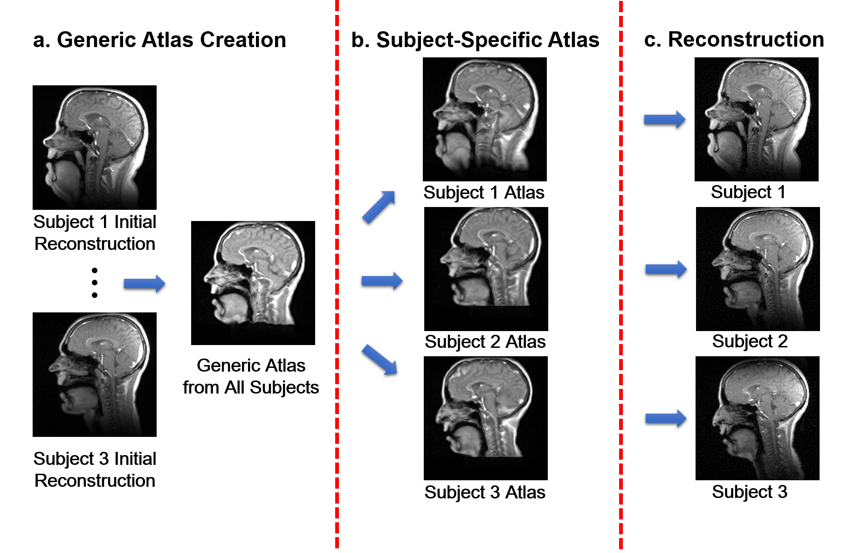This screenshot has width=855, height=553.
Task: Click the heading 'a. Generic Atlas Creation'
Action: pyautogui.click(x=159, y=40)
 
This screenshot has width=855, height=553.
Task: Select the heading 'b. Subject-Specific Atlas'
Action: pyautogui.click(x=475, y=40)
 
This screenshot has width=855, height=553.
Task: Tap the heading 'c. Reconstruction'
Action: pyautogui.click(x=734, y=40)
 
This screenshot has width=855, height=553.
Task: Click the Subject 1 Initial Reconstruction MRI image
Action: pyautogui.click(x=95, y=147)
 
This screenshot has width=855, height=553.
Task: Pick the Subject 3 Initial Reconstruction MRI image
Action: pyautogui.click(x=95, y=374)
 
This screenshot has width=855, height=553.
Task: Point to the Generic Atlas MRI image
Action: pyautogui.click(x=253, y=283)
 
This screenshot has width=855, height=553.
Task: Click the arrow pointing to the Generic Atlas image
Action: pyautogui.click(x=144, y=283)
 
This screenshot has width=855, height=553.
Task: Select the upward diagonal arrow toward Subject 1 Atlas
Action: pyautogui.click(x=379, y=207)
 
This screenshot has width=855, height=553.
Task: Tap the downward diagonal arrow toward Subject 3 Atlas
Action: pyautogui.click(x=379, y=359)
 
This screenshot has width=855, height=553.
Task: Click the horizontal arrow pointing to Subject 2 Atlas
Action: pyautogui.click(x=382, y=281)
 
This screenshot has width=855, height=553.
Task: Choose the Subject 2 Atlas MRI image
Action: pyautogui.click(x=486, y=269)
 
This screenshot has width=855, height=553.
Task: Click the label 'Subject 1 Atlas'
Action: pyautogui.click(x=484, y=193)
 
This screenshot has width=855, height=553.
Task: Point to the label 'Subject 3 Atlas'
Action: pyautogui.click(x=485, y=492)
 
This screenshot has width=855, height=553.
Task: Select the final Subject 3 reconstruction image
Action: pyautogui.click(x=757, y=418)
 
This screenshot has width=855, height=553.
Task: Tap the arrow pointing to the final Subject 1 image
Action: pyautogui.click(x=664, y=120)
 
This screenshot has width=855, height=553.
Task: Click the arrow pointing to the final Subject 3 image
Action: pyautogui.click(x=666, y=418)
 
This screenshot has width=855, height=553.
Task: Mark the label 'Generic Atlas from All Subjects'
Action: pyautogui.click(x=251, y=376)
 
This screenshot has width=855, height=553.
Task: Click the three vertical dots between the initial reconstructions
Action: pyautogui.click(x=95, y=283)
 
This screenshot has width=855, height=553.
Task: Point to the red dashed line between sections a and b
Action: pyautogui.click(x=337, y=280)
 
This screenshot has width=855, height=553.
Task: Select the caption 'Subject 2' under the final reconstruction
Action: pyautogui.click(x=750, y=341)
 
